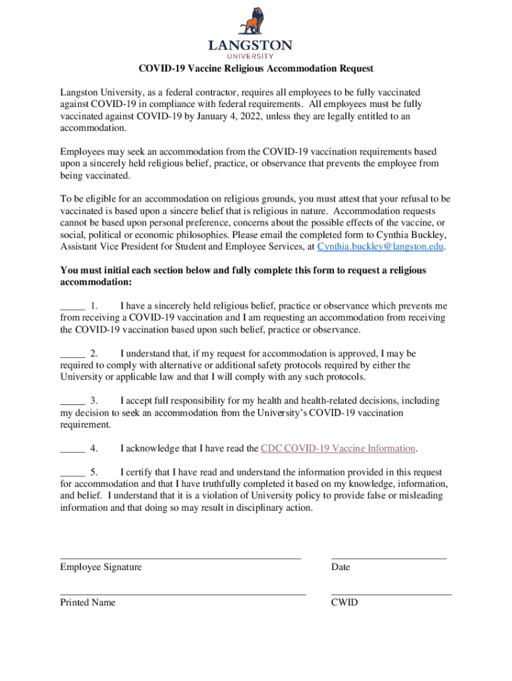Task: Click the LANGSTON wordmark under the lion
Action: [x=250, y=46]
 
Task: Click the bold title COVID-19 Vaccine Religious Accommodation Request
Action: [x=256, y=68]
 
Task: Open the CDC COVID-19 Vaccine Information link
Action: [x=338, y=448]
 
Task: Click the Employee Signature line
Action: [x=181, y=557]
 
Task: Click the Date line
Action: [x=389, y=557]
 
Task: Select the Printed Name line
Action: [x=183, y=593]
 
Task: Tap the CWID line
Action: [x=391, y=593]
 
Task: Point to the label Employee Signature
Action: [x=101, y=567]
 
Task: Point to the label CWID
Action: [x=344, y=603]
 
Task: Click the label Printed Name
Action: [x=88, y=603]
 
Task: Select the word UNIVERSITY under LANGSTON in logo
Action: [x=250, y=57]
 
